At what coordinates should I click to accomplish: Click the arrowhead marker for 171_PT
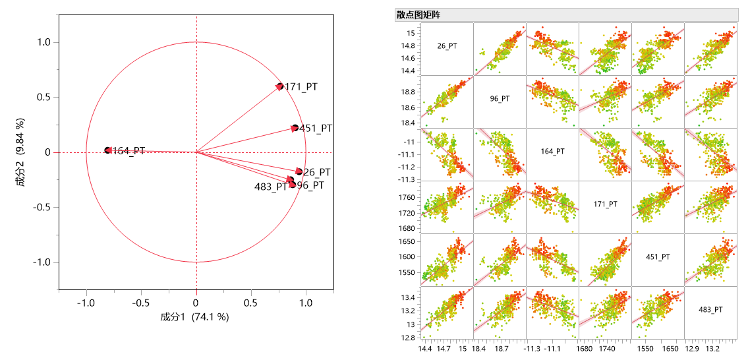coord(279,86)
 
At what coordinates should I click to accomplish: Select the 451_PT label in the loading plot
coord(316,129)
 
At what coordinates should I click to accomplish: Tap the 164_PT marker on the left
coord(108,150)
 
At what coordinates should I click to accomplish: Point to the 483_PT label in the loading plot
coord(270,187)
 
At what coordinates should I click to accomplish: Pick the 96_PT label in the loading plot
coord(310,185)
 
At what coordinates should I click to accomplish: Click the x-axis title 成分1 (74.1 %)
coord(194,317)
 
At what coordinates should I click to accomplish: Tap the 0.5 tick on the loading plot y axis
coord(43,98)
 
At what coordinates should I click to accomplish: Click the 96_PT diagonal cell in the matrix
coord(500,99)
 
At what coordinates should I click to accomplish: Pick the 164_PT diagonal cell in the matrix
coord(552,152)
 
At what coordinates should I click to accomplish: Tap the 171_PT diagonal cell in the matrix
coord(605,204)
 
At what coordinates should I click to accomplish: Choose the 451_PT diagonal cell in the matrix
coord(658,257)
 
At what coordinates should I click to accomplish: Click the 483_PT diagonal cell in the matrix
coord(710,310)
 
